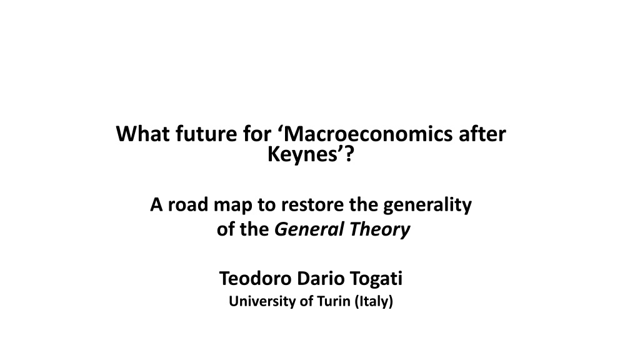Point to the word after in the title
tap(482, 134)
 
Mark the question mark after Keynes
tap(348, 154)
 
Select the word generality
tap(427, 205)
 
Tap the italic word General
tap(309, 229)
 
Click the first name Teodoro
tap(256, 278)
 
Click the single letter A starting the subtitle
tap(156, 204)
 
